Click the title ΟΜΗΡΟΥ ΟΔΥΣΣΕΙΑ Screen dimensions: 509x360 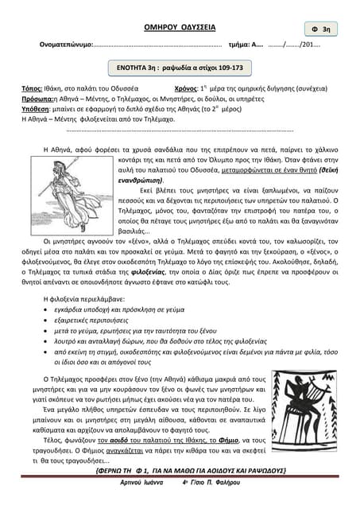(x=180, y=27)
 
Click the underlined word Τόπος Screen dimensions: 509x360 (x=33, y=89)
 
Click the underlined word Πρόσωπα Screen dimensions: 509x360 (x=37, y=99)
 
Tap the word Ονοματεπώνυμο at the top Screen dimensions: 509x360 (x=66, y=45)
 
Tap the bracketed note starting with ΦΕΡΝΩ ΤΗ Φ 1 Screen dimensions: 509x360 (x=180, y=470)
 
